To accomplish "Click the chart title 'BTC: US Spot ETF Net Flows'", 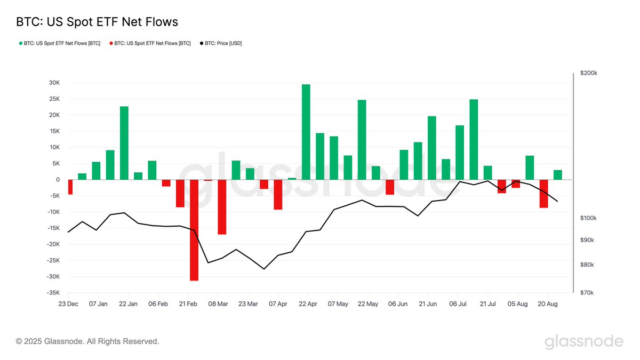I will pos(97,22).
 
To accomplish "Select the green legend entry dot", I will pos(21,43).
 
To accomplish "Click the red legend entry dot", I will pos(111,43).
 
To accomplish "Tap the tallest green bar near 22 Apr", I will pos(306,132).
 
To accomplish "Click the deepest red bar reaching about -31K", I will pos(194,230).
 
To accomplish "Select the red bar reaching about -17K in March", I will pos(222,207).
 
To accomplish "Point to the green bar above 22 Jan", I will pos(124,143).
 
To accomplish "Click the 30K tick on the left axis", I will pos(53,83).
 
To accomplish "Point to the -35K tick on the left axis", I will pos(52,293).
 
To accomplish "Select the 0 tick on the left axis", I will pos(58,180).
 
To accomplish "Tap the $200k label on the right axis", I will pos(589,73).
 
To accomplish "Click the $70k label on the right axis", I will pos(588,293).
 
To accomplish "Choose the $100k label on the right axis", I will pos(589,218).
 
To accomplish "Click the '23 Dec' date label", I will pos(68,304).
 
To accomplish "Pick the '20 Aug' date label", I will pos(548,304).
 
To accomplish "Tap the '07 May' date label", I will pos(338,304).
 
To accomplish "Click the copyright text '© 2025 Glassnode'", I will pos(87,341).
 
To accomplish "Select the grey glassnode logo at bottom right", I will pos(583,341).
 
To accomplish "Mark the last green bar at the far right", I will pos(557,175).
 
